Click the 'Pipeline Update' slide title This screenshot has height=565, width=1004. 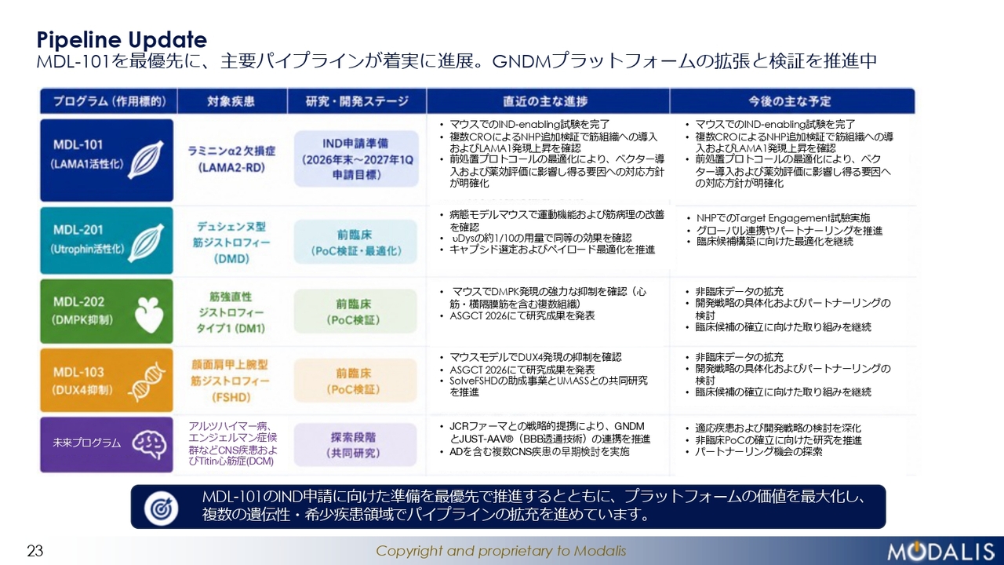point(122,40)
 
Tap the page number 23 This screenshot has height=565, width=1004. point(35,551)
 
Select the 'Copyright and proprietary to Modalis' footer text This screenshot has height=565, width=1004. point(500,551)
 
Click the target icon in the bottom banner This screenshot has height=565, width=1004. point(161,508)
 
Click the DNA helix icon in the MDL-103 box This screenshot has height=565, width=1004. point(147,381)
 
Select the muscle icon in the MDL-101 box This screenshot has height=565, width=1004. point(146,160)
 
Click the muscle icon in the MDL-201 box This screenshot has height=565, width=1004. point(146,244)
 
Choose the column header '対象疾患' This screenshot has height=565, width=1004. point(231,101)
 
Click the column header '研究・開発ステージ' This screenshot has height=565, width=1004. point(357,101)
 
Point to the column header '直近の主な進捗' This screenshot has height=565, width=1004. point(545,101)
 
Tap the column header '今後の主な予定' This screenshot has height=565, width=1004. point(790,101)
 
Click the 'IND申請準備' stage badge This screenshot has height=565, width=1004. point(356,159)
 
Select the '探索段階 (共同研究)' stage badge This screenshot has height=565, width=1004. point(355,445)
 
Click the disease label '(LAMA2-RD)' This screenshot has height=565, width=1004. point(231,168)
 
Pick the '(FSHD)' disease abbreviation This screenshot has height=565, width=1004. point(231,397)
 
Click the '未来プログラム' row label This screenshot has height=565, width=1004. point(86,443)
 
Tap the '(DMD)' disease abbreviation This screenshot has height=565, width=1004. point(231,259)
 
